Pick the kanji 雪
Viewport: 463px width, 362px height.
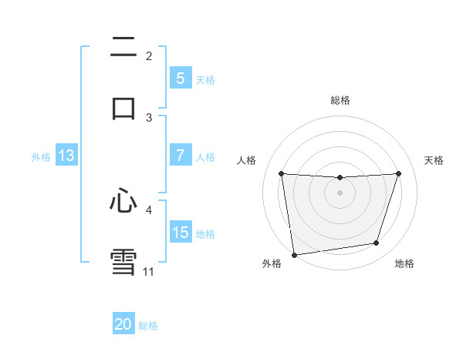pyautogui.click(x=123, y=260)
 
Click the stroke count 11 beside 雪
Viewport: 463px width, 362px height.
pyautogui.click(x=148, y=271)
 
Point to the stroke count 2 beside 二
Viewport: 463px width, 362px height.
pyautogui.click(x=149, y=56)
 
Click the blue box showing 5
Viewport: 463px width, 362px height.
pyautogui.click(x=180, y=79)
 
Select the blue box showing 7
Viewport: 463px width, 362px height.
pyautogui.click(x=180, y=156)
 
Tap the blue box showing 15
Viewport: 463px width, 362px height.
pyautogui.click(x=180, y=233)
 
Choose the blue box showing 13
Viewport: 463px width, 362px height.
pyautogui.click(x=66, y=156)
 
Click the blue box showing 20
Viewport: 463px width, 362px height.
pyautogui.click(x=123, y=324)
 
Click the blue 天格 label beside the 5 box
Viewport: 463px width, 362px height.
pyautogui.click(x=205, y=79)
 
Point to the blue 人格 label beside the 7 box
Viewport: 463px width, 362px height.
pyautogui.click(x=205, y=156)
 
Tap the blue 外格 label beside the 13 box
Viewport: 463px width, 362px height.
pyautogui.click(x=41, y=156)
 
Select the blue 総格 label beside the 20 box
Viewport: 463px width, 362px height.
pyautogui.click(x=148, y=326)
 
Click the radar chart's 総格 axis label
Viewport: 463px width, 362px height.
pyautogui.click(x=340, y=100)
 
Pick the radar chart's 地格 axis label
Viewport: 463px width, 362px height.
pyautogui.click(x=404, y=264)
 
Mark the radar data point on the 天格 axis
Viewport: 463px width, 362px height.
pyautogui.click(x=398, y=174)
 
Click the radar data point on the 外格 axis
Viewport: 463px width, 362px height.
pyautogui.click(x=294, y=254)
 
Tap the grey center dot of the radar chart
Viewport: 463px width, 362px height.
pyautogui.click(x=340, y=193)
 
